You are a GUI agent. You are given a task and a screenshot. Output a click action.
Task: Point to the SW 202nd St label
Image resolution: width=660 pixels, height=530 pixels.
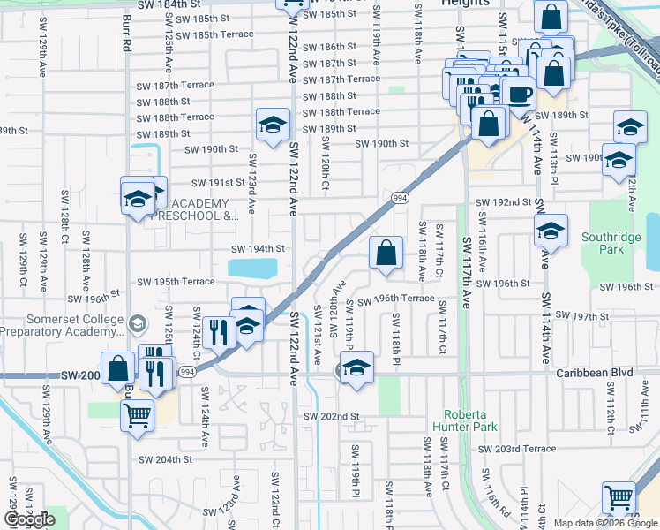click(331, 416)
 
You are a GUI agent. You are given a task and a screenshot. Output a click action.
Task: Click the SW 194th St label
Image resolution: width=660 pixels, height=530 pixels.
click(258, 249)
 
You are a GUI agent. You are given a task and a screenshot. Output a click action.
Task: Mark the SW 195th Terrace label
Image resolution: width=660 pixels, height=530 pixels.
click(176, 281)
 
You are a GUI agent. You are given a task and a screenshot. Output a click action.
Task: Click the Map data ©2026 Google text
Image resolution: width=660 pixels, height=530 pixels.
click(604, 523)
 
